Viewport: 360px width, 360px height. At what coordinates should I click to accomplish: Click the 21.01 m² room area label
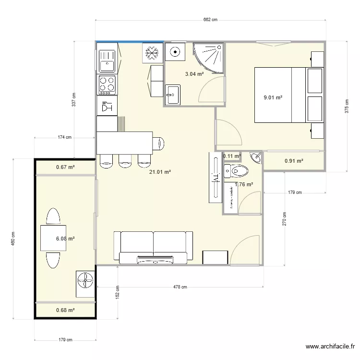160,172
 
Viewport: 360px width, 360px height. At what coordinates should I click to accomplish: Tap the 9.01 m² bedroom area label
273,97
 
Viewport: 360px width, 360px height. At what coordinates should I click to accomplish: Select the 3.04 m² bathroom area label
195,74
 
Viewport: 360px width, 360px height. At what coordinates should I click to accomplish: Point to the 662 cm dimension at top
210,20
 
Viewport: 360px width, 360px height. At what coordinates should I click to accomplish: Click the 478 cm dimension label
180,287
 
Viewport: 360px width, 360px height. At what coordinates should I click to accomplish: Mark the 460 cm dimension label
13,239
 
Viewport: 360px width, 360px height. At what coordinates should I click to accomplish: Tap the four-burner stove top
107,84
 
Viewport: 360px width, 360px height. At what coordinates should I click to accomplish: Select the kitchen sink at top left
107,61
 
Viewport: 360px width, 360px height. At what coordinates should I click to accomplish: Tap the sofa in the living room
153,247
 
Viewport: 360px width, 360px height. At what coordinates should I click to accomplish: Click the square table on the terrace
53,238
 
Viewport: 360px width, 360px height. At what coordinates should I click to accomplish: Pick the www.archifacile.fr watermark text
331,347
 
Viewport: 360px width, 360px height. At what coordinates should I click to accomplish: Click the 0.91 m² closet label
294,161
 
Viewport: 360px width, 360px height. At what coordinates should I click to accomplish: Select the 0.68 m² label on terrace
65,310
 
